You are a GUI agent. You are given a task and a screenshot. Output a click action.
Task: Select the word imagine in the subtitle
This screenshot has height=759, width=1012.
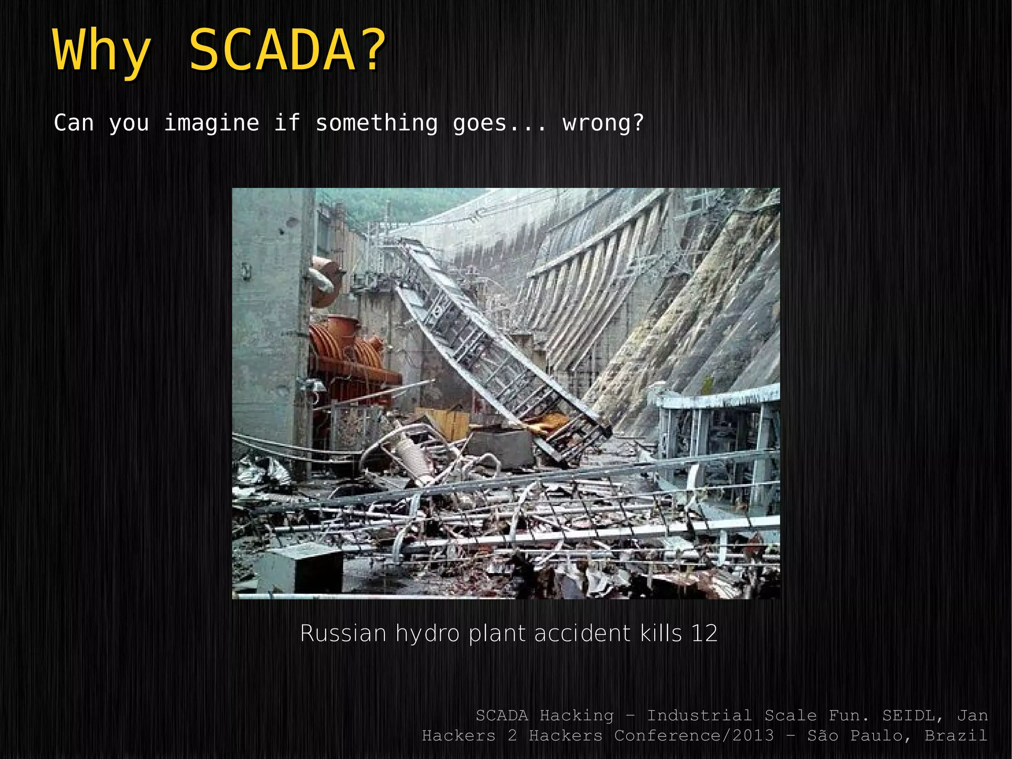click(x=211, y=123)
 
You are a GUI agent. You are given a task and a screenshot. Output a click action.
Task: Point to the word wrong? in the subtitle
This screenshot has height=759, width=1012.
click(x=603, y=123)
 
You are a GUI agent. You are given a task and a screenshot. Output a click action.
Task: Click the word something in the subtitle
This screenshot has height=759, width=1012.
click(x=377, y=123)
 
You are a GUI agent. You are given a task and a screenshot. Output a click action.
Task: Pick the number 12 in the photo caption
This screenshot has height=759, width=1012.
click(x=704, y=633)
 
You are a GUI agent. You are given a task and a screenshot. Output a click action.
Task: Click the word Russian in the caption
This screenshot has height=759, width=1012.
click(x=343, y=633)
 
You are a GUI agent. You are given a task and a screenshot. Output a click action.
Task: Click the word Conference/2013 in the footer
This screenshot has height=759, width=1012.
click(x=694, y=735)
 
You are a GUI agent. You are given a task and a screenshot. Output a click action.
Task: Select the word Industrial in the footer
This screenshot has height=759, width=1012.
click(x=699, y=715)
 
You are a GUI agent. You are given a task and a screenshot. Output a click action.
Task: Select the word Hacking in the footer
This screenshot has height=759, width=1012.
click(x=576, y=715)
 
